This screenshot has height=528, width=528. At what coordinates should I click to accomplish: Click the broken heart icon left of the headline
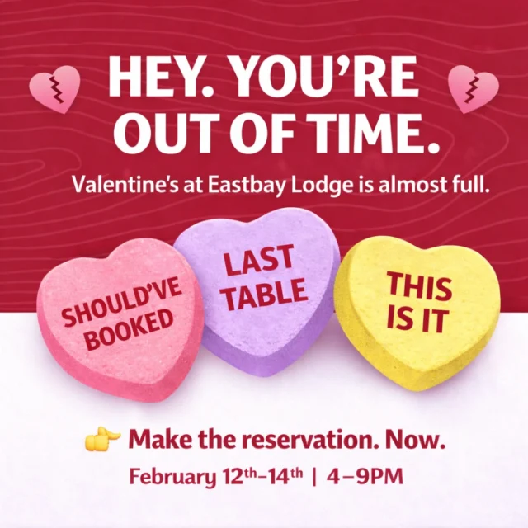click(54, 88)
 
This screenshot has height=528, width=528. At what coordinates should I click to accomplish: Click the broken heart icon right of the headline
click(473, 88)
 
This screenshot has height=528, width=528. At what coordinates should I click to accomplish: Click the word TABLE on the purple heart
click(265, 295)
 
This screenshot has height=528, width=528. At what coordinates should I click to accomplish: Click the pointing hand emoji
click(102, 439)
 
